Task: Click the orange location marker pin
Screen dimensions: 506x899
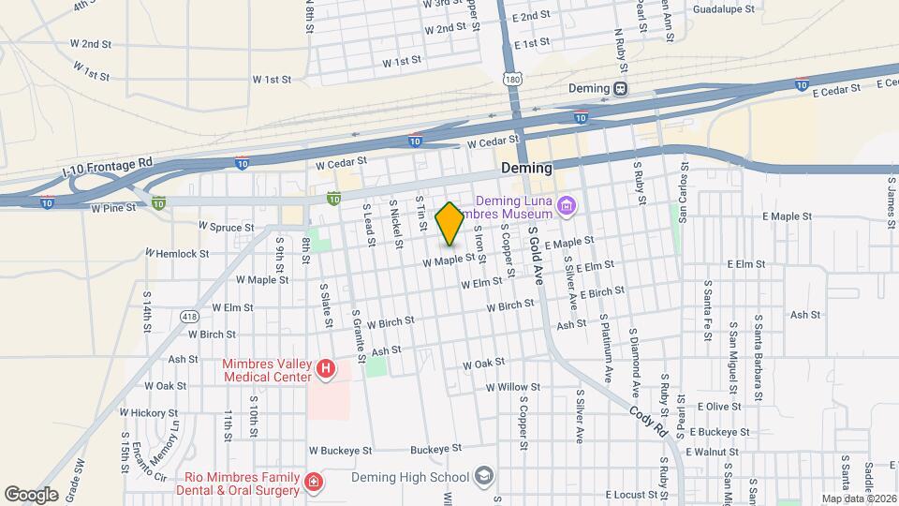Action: click(x=449, y=223)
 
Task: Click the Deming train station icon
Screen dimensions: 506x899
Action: click(x=621, y=88)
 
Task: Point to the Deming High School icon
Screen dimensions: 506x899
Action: click(x=483, y=477)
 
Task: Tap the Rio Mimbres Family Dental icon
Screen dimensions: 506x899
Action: click(x=315, y=484)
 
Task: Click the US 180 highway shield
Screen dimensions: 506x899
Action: click(x=511, y=80)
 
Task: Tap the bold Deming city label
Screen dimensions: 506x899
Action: click(x=526, y=168)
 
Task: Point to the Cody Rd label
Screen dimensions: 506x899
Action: click(x=646, y=416)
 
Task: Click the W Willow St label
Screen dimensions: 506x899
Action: click(x=512, y=386)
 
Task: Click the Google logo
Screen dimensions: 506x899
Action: click(x=32, y=494)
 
